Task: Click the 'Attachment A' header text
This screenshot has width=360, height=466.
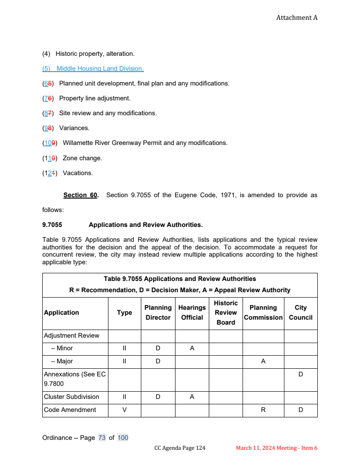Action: [297, 18]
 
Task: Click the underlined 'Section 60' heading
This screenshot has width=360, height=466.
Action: [81, 195]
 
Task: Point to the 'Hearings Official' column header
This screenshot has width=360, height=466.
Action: [192, 312]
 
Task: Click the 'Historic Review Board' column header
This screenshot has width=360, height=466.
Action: [225, 312]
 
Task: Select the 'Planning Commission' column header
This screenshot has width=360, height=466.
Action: [263, 312]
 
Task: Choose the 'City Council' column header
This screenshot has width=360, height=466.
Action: [301, 312]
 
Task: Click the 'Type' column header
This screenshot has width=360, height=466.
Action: [124, 312]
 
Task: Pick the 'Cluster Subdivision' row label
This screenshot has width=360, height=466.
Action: [72, 397]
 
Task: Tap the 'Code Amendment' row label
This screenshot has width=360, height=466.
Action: [70, 410]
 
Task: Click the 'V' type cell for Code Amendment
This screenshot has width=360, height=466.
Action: [124, 410]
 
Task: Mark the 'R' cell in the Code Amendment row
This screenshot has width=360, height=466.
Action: [263, 410]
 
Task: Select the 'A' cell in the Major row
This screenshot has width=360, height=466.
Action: [263, 361]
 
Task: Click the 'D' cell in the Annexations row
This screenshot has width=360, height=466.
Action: [301, 374]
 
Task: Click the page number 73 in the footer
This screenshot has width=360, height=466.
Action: [102, 438]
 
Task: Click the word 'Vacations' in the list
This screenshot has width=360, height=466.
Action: [77, 173]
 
